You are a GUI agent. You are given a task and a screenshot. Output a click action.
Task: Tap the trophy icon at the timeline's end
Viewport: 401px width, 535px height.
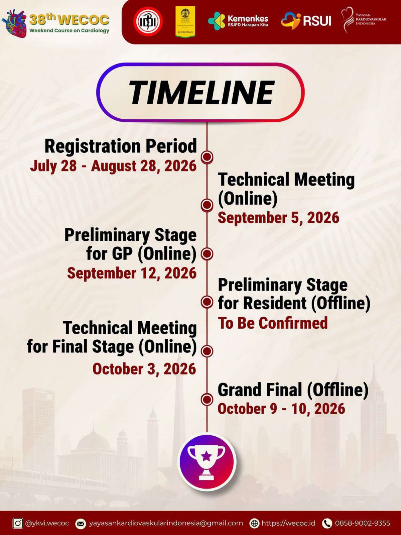point(207,462)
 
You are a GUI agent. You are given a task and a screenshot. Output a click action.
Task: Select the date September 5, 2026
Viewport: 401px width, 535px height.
point(278,218)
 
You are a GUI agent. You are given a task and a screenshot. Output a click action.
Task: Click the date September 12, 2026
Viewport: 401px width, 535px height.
point(132,273)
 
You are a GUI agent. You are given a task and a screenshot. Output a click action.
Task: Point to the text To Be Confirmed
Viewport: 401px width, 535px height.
point(273,323)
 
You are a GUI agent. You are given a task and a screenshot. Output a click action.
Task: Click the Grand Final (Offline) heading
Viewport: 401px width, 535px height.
point(293,390)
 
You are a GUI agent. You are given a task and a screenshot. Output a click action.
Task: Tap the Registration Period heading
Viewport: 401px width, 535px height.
point(121,146)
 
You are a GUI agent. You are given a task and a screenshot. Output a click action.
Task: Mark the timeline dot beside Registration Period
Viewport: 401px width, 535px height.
point(207,157)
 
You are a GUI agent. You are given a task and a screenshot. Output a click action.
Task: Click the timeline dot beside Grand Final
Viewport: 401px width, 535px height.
point(207,400)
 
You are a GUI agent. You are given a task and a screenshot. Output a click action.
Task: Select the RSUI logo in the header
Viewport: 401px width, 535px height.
point(306,20)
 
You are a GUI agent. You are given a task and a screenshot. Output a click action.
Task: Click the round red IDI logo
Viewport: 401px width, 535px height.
point(148,21)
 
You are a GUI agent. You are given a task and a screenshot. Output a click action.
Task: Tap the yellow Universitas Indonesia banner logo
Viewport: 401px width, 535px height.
point(185,21)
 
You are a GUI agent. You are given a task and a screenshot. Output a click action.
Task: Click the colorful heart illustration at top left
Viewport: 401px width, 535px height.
point(14,23)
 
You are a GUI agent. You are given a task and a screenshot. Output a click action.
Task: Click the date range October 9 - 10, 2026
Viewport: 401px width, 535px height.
point(281,409)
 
